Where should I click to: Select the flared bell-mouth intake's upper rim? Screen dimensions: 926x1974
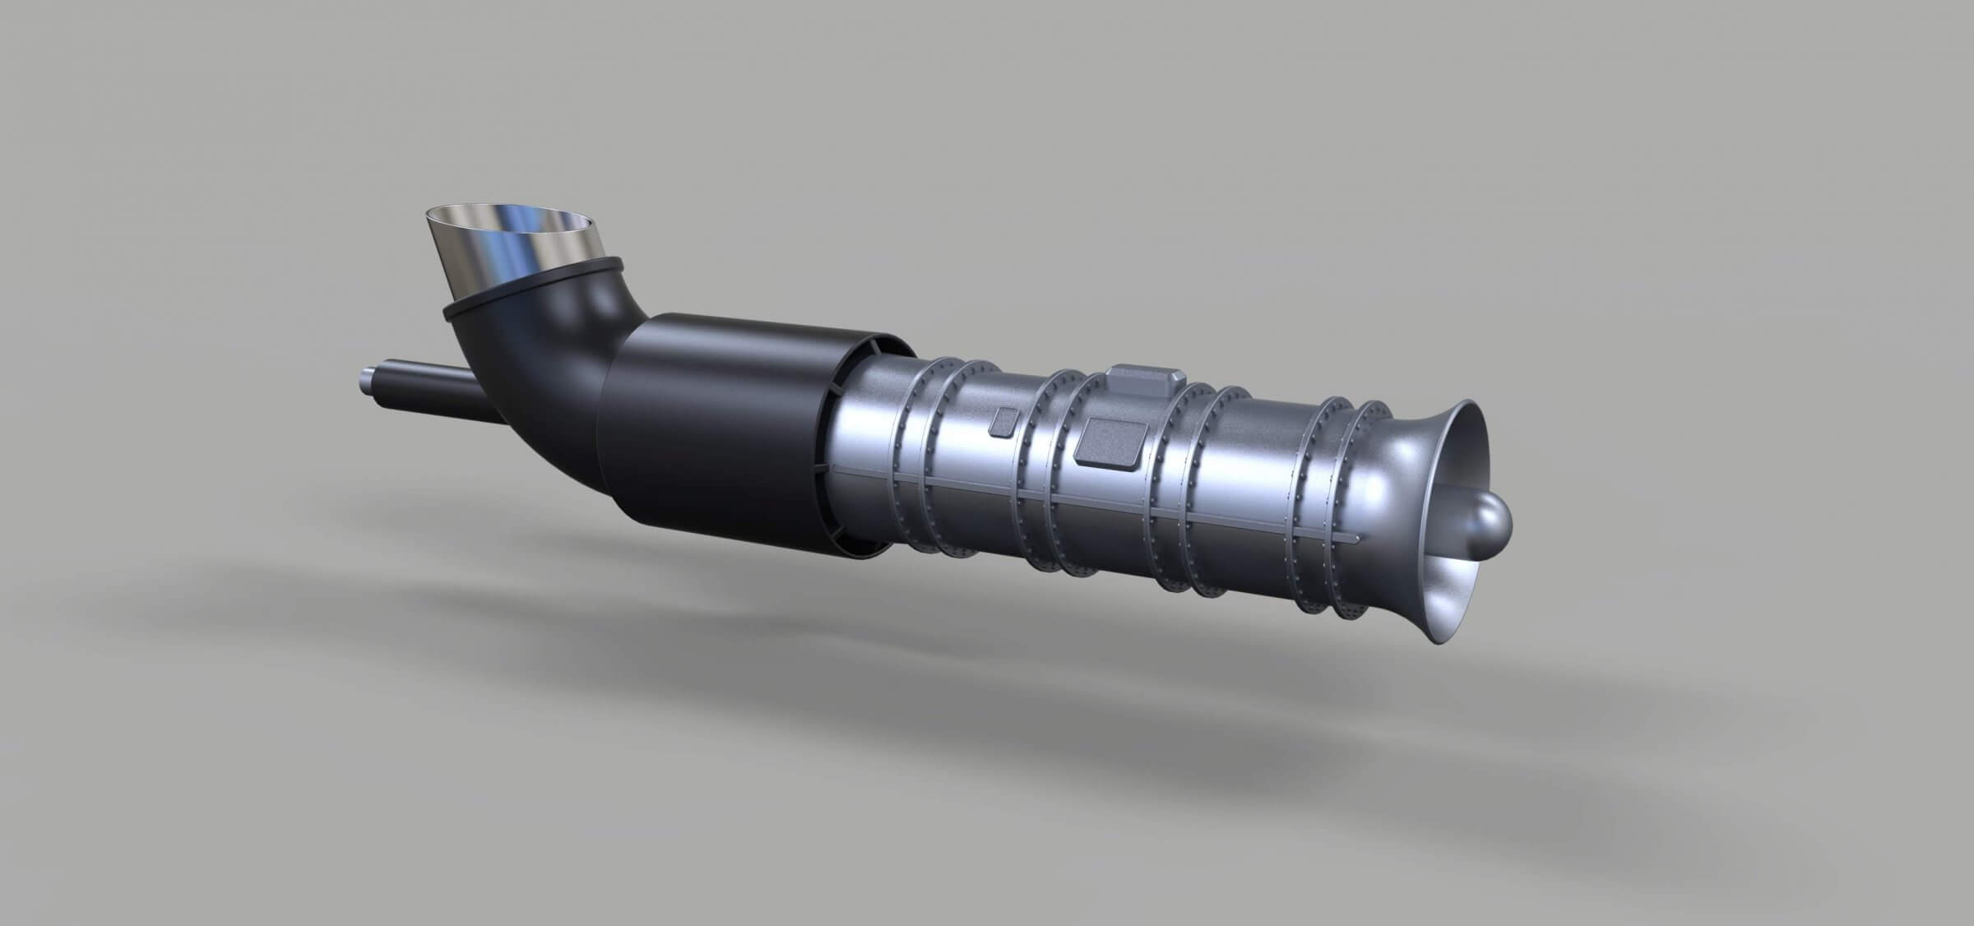coord(1472,411)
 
